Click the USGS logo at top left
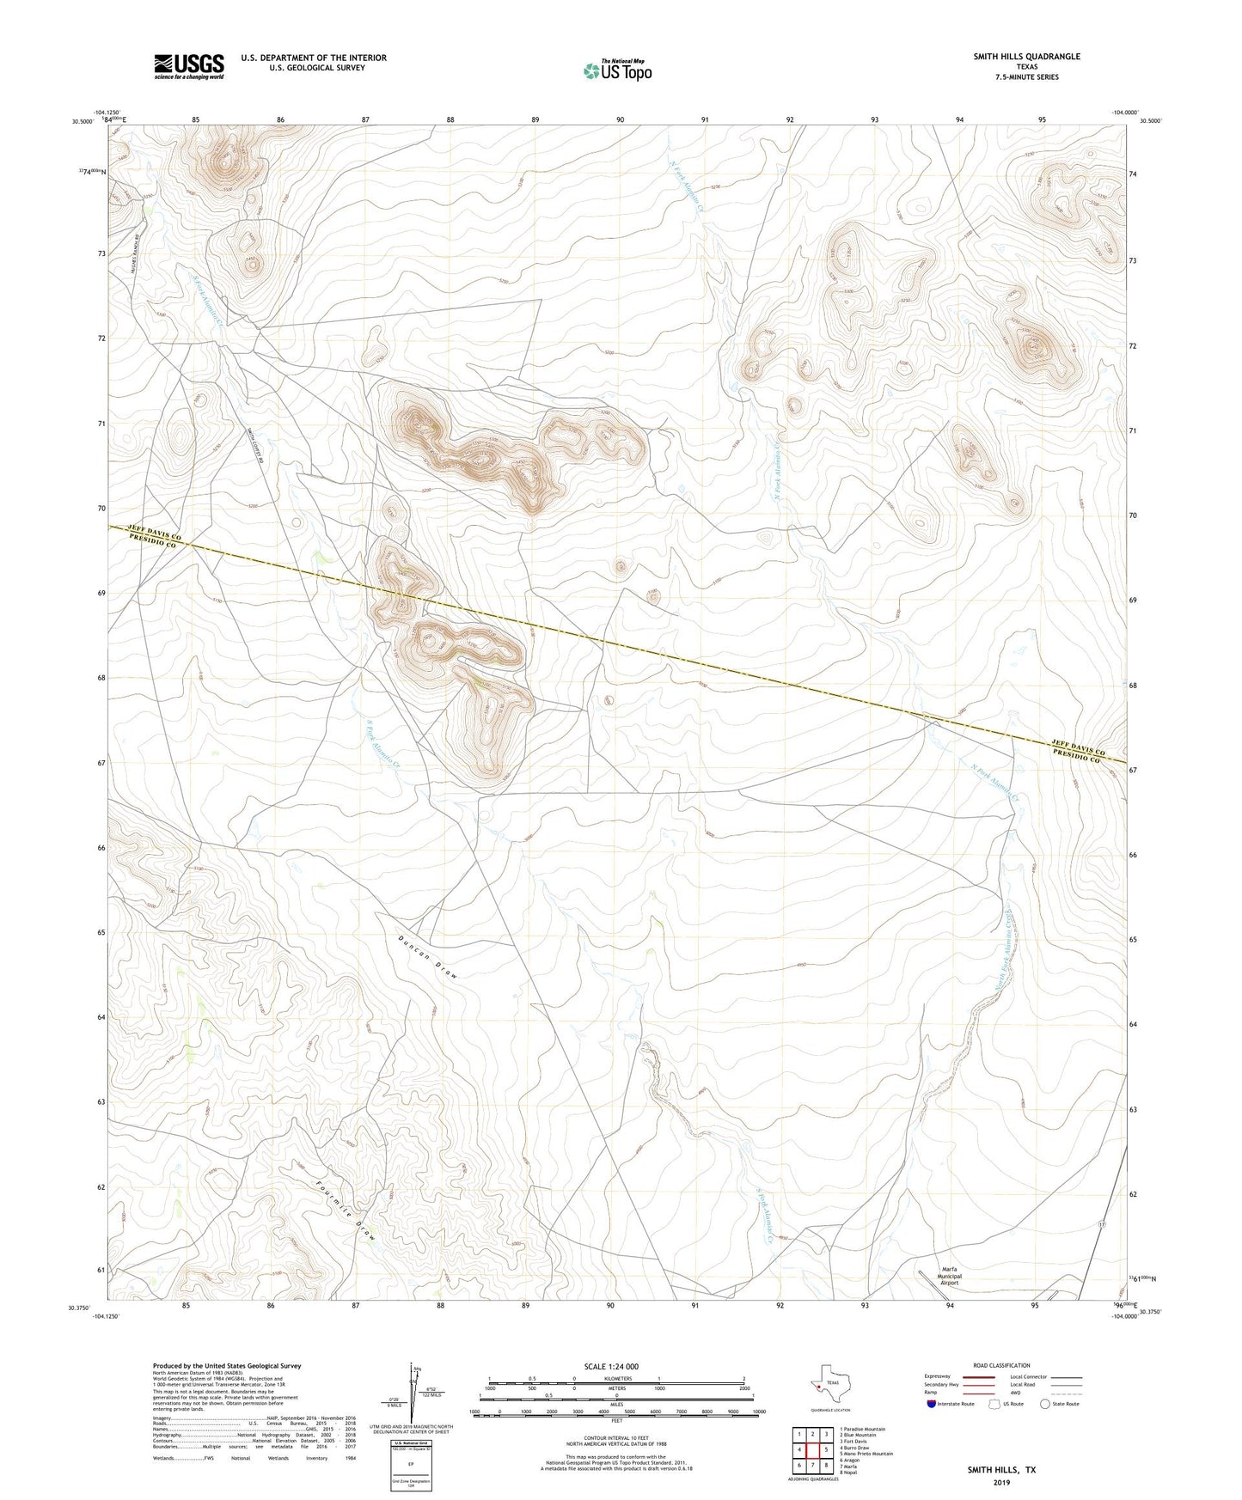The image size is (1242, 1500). [x=189, y=66]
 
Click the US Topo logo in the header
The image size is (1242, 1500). [x=617, y=70]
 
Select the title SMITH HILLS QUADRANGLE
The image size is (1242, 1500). [x=1026, y=57]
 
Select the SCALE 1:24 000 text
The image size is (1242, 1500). [x=611, y=1366]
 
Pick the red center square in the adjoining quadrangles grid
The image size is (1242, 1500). [x=813, y=1450]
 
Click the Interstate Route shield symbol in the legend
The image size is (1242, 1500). [x=932, y=1404]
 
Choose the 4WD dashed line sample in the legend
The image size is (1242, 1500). [x=1066, y=1393]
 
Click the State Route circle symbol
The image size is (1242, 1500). [x=1044, y=1404]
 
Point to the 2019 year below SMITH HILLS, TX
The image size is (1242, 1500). [x=1001, y=1482]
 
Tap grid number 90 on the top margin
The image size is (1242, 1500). [x=620, y=120]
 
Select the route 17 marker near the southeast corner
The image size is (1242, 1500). [x=1102, y=1223]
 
